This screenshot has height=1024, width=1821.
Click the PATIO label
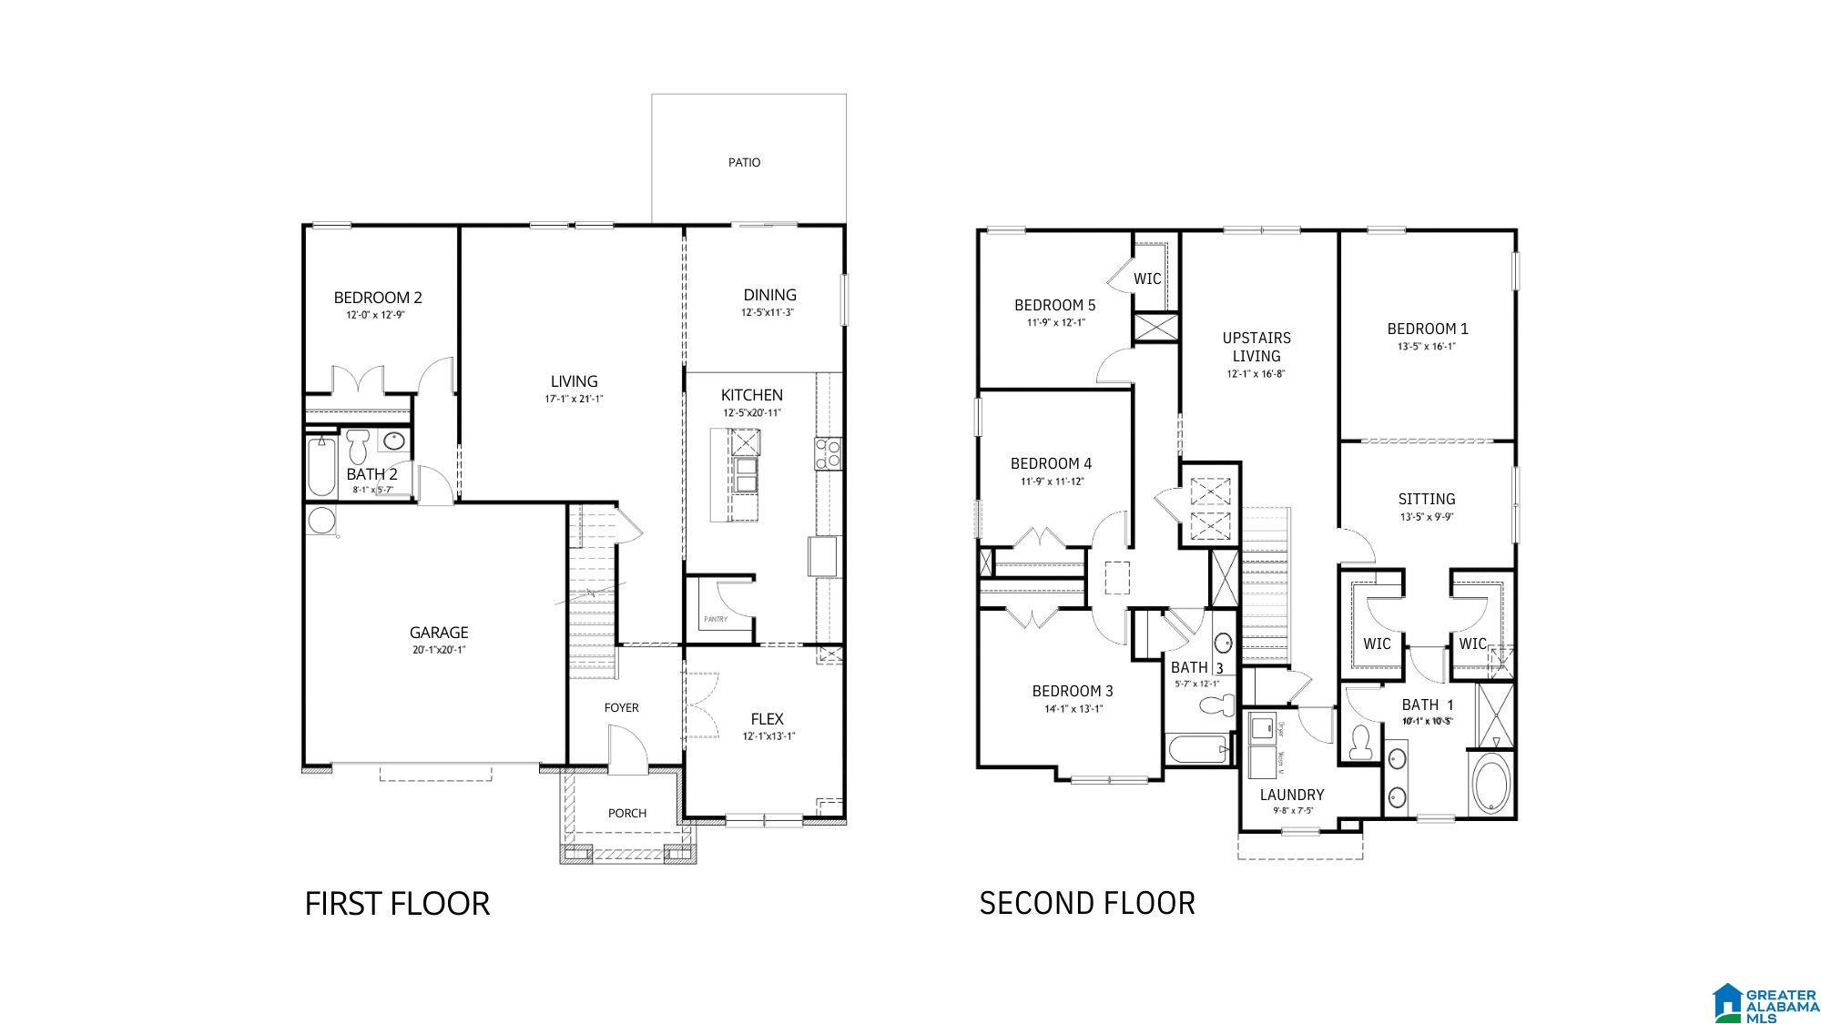[744, 162]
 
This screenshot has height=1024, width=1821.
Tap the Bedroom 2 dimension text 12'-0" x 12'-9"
[375, 315]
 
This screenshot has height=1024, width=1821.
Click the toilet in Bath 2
[357, 445]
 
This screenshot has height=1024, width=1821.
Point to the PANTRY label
[716, 620]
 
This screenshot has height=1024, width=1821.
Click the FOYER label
[622, 707]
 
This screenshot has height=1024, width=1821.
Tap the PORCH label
[627, 813]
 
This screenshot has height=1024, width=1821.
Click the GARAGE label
[439, 632]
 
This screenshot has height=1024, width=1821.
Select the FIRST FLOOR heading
[397, 904]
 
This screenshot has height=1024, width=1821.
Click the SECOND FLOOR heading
[1087, 903]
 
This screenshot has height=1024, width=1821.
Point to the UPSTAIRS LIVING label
[1256, 347]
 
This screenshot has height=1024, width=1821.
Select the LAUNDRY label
[1292, 795]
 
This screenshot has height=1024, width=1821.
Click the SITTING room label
[1427, 499]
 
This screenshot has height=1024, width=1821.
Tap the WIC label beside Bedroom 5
[1147, 279]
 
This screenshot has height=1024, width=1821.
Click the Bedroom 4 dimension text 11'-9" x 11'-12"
[1052, 482]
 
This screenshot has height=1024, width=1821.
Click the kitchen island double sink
[746, 474]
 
